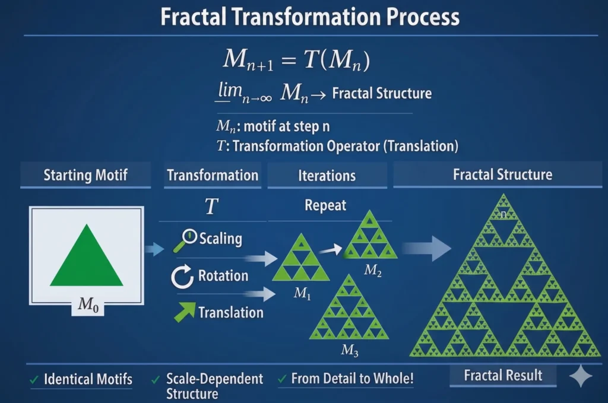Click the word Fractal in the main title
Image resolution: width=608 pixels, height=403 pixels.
[193, 17]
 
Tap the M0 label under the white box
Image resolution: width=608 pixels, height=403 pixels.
[88, 304]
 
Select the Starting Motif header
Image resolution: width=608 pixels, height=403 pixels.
[85, 174]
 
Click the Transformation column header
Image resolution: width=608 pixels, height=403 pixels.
[213, 175]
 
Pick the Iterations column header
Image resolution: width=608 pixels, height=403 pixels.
[327, 176]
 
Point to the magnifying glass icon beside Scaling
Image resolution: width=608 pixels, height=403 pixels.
[185, 240]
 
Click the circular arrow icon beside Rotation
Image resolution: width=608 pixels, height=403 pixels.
[182, 277]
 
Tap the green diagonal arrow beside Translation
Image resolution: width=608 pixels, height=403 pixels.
[185, 312]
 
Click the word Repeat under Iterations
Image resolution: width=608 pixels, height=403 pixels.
[325, 205]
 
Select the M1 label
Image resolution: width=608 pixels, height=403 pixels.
[302, 293]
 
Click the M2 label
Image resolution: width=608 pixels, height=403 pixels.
[373, 270]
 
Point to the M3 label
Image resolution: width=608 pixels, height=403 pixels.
[349, 350]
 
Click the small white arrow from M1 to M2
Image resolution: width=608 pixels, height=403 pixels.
[331, 250]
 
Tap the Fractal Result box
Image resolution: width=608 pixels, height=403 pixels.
[503, 376]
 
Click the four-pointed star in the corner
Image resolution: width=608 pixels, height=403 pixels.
[581, 376]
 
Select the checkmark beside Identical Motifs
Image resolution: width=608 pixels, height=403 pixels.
[34, 380]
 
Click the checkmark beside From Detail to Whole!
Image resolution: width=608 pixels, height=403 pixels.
[282, 379]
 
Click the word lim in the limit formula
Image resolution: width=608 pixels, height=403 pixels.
[230, 90]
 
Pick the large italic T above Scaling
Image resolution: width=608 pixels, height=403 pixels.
[211, 206]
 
